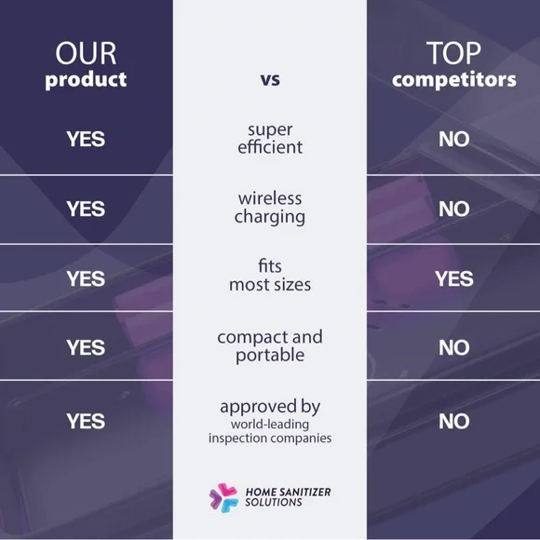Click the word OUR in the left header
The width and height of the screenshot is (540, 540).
[86, 53]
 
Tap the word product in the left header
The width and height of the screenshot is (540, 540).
[86, 80]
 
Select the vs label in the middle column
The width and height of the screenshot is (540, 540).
[270, 80]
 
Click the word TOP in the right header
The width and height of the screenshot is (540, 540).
[453, 53]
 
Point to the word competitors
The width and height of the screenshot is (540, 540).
[454, 80]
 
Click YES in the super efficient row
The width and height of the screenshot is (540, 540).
[86, 139]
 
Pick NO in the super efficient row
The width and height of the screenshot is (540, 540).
[454, 139]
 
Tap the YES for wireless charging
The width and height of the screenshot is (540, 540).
[86, 209]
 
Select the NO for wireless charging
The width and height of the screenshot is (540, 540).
[454, 209]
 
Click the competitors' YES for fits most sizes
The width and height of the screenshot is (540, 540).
[454, 278]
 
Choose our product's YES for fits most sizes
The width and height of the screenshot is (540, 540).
[86, 278]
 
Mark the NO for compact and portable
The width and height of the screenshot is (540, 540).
[454, 347]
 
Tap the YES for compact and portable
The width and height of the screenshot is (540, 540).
[86, 347]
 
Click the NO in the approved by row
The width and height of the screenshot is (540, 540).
[454, 421]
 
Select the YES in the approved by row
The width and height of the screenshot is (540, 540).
[86, 421]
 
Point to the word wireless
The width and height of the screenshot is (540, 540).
[270, 198]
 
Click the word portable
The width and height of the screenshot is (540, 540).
[270, 356]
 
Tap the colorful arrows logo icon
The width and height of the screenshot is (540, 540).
[223, 498]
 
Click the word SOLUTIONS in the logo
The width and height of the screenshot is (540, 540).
[274, 502]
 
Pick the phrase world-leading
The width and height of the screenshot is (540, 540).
[270, 425]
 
